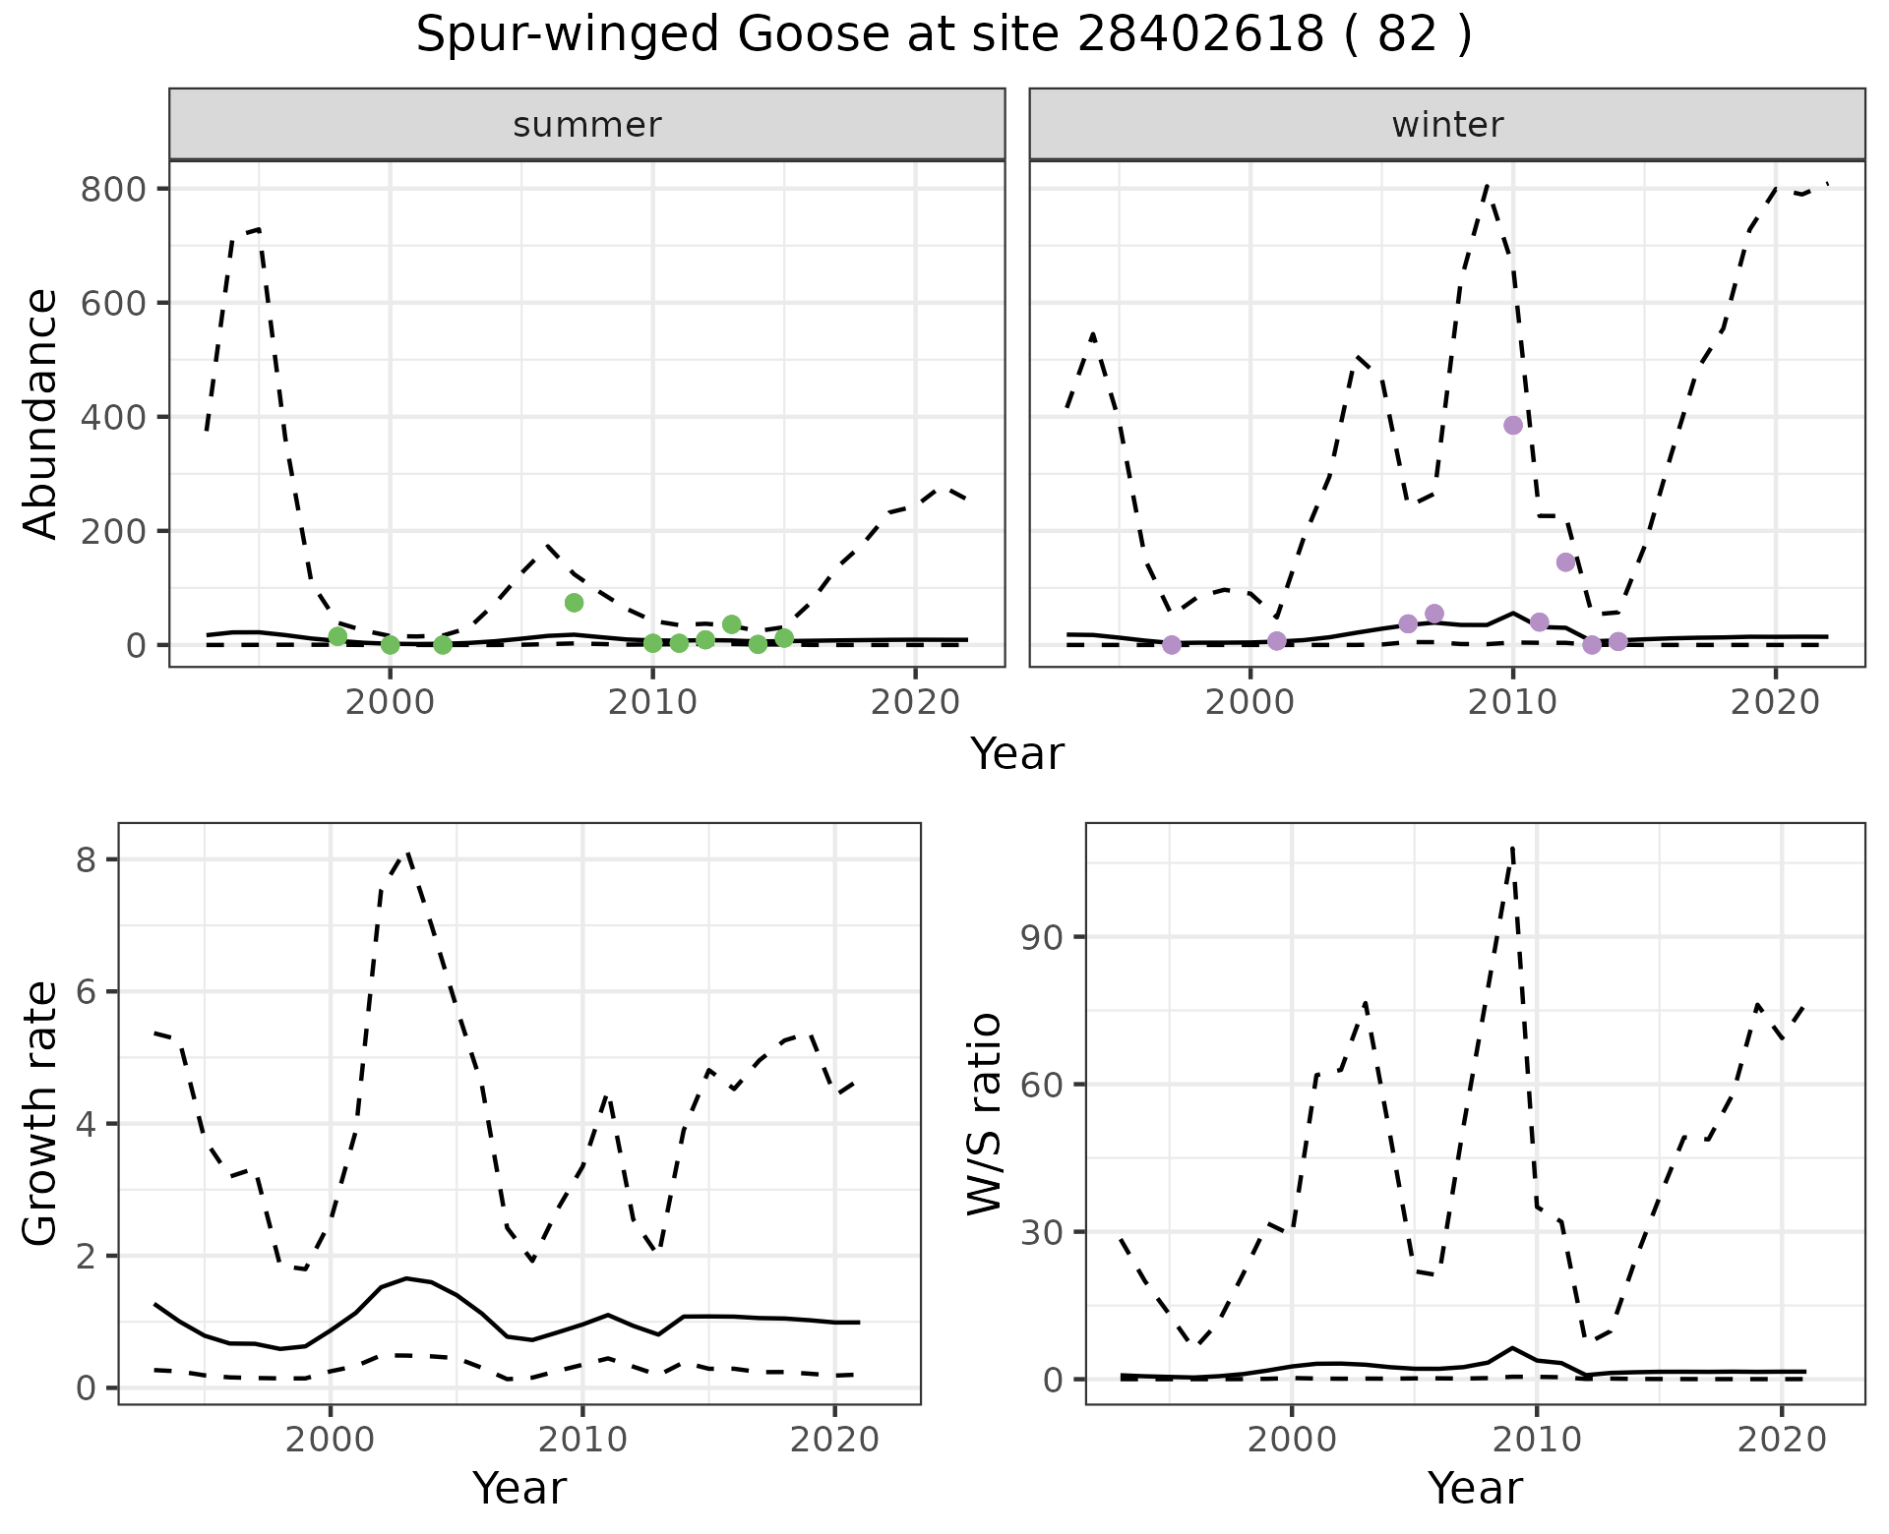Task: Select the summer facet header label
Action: coord(587,125)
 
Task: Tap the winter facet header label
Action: coord(1447,125)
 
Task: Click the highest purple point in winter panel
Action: coord(1513,425)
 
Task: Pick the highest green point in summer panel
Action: coord(575,603)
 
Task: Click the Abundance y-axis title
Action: coord(41,414)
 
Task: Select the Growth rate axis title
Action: coord(41,1113)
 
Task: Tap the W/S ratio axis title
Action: coord(985,1113)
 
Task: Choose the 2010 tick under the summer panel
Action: coord(652,703)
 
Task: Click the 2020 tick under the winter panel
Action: coord(1775,703)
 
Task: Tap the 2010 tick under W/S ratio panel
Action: coord(1537,1441)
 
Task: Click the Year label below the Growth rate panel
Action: coord(519,1488)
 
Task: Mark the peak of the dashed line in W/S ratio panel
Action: coord(1512,846)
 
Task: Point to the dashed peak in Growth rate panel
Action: coord(407,853)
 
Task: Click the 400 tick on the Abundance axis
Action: coord(108,417)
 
